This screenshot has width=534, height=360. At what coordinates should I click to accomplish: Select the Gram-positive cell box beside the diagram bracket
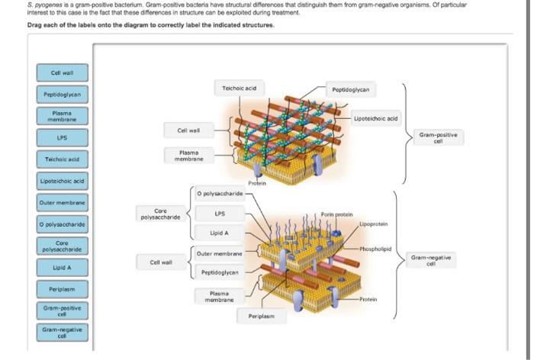[433, 137]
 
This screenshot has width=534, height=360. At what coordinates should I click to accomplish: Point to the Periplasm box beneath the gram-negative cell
[262, 315]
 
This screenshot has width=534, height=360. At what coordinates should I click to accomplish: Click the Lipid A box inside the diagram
[219, 233]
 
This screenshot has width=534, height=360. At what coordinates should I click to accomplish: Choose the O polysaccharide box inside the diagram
[219, 194]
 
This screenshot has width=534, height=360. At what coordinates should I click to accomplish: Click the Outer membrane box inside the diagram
[219, 253]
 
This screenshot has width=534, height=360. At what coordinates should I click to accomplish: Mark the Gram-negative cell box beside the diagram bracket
[433, 259]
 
